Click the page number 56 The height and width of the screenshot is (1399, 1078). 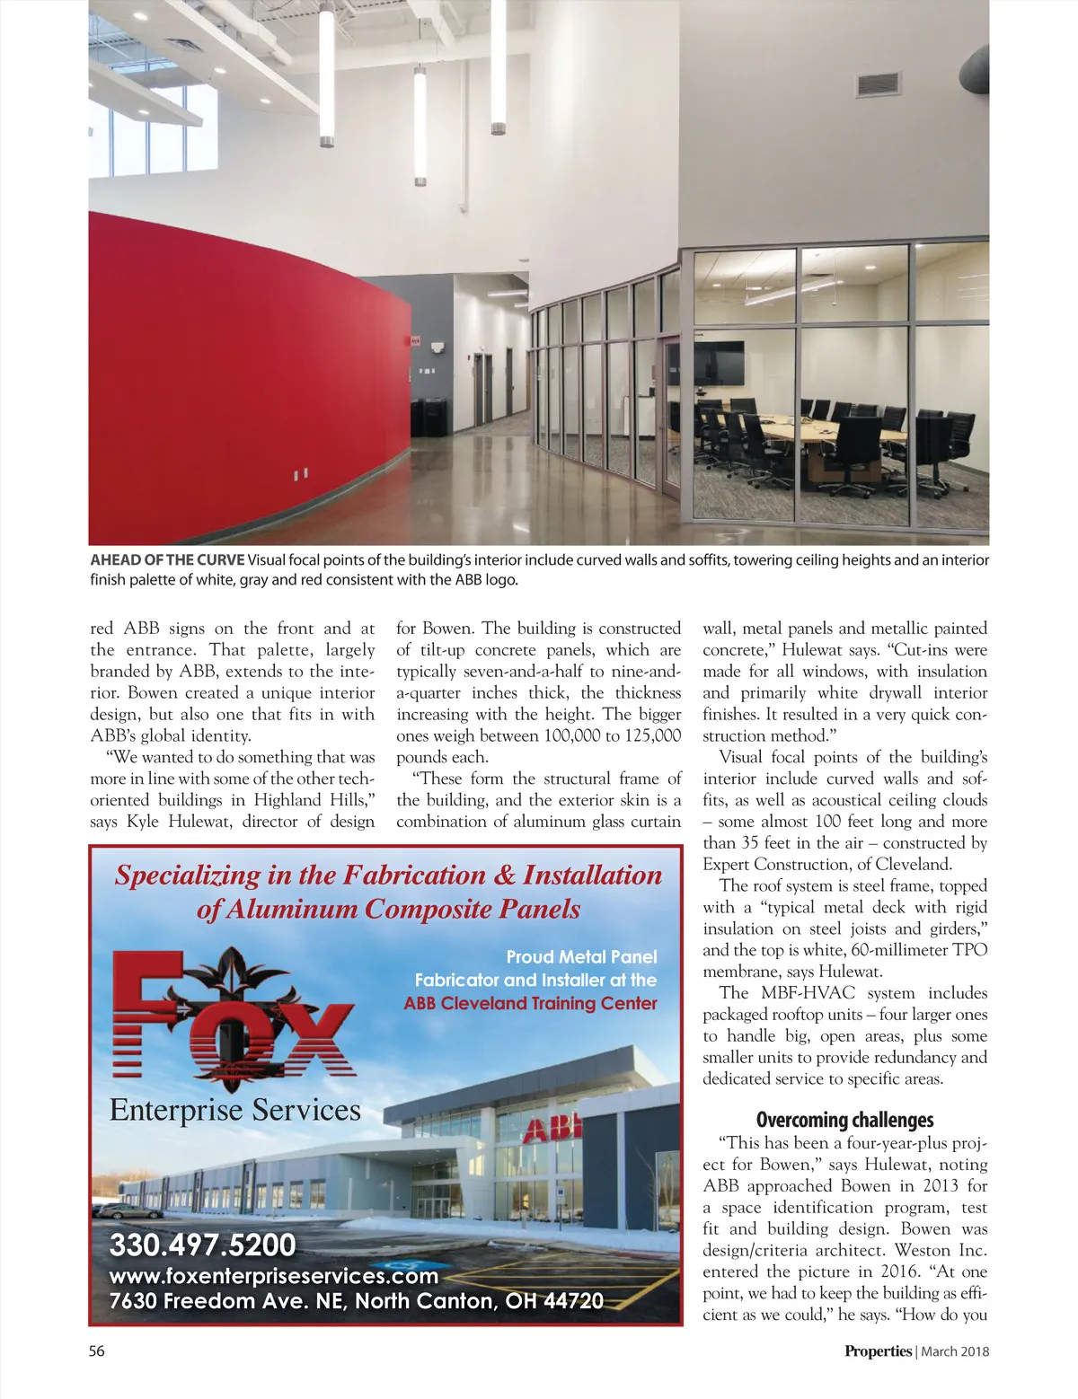point(96,1351)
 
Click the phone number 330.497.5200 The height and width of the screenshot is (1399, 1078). point(202,1245)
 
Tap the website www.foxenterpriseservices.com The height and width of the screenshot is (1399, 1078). point(273,1276)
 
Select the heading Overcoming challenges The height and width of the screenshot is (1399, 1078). point(844,1120)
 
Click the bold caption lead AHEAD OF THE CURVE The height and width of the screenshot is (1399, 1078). point(167,560)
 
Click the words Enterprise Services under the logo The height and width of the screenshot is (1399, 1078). point(234,1111)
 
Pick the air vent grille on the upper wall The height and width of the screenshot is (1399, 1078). point(878,84)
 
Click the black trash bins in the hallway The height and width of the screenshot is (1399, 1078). point(429,418)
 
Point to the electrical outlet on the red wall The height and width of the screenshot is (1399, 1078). point(301,473)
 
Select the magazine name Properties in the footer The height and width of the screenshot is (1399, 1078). point(877,1351)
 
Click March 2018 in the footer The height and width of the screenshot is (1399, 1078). point(955,1351)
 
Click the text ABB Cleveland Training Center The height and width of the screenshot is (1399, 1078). point(530,1003)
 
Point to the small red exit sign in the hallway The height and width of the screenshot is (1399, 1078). point(416,341)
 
